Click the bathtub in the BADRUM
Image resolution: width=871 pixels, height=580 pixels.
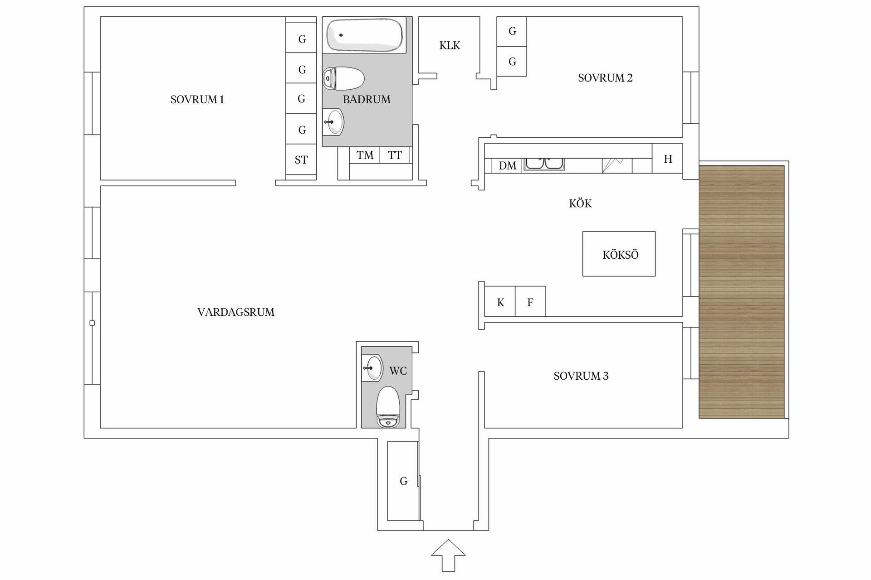[x=365, y=35]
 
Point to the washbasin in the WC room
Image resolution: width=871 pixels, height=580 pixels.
[x=372, y=368]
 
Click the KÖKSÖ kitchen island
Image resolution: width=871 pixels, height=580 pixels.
[x=619, y=254]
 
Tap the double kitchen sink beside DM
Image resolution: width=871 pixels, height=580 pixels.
[x=543, y=164]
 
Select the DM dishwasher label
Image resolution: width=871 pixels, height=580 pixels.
[x=507, y=166]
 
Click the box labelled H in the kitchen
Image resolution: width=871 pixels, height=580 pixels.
[x=667, y=159]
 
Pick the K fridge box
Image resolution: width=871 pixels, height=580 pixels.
[x=500, y=302]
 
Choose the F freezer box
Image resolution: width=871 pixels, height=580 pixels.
[x=530, y=302]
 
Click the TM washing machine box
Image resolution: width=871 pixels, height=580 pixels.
[x=365, y=155]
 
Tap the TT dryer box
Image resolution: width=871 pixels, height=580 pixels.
[x=395, y=155]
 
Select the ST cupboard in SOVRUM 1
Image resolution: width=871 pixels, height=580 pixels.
[x=301, y=159]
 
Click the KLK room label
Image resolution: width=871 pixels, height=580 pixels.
[x=450, y=45]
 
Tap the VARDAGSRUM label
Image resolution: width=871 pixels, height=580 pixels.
[x=236, y=312]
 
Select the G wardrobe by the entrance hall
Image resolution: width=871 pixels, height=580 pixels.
[x=403, y=481]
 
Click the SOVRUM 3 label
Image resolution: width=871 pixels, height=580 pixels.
[x=581, y=376]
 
